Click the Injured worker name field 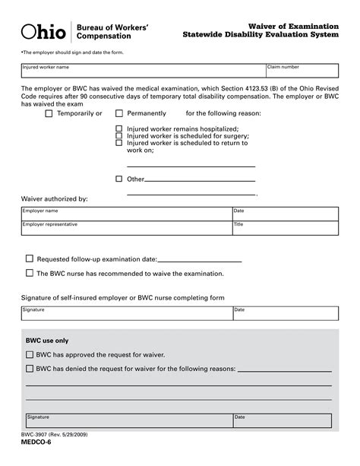(142, 74)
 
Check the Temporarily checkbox (49, 113)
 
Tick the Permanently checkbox (118, 113)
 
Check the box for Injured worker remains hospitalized (118, 129)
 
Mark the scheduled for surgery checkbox (118, 136)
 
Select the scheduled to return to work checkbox (118, 143)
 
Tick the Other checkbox (118, 179)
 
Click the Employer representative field (126, 229)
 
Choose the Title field (285, 229)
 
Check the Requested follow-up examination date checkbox (30, 258)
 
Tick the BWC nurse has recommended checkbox (30, 273)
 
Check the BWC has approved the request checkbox (30, 355)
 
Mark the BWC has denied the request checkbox (30, 369)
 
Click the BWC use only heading (47, 341)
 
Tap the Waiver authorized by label (54, 198)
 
